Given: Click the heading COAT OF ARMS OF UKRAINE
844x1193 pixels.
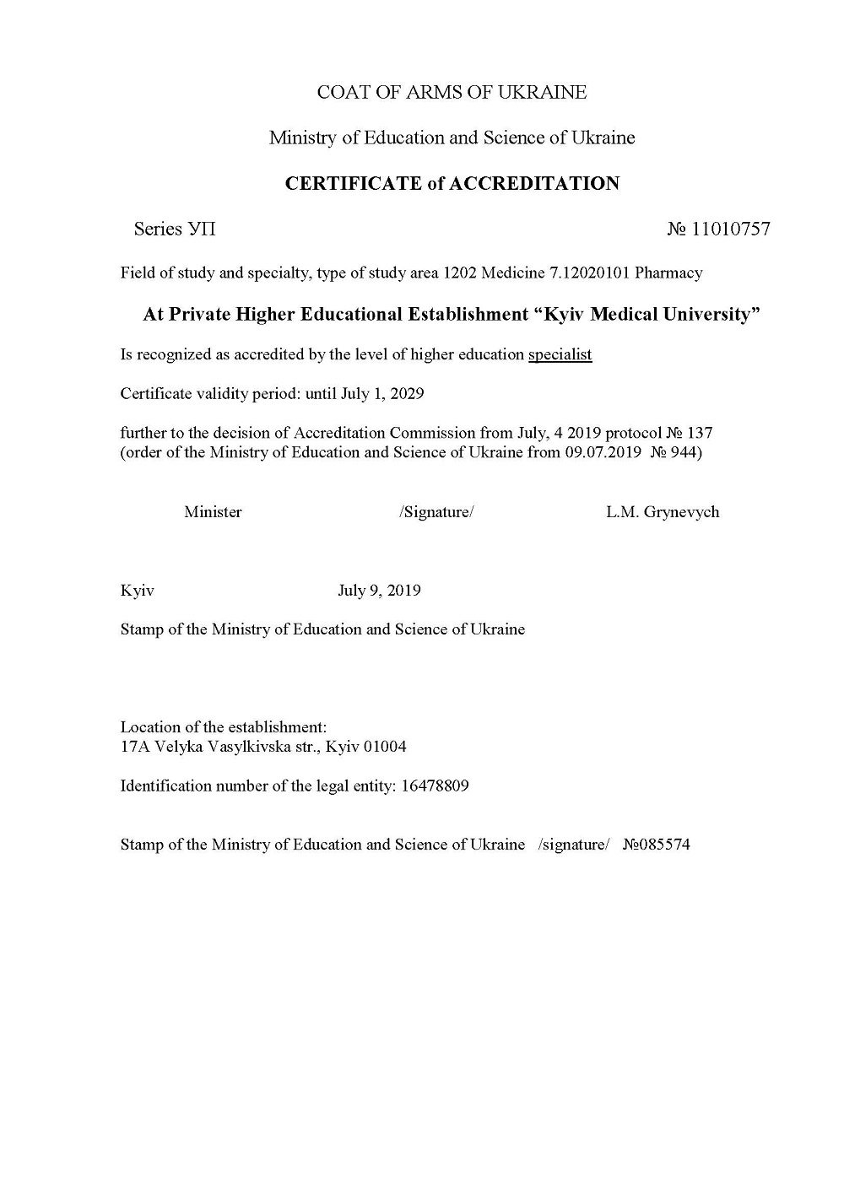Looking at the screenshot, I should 452,93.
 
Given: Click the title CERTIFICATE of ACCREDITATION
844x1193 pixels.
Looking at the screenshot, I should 452,183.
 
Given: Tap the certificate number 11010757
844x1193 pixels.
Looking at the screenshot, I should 731,229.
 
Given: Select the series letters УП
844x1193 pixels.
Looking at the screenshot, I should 202,229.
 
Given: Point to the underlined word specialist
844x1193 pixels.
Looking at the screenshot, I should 560,354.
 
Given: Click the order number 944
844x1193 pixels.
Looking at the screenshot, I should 682,452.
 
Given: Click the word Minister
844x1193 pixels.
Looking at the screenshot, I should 213,512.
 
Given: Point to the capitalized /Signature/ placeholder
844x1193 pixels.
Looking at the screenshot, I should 436,512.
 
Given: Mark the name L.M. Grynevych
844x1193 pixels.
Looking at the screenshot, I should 663,512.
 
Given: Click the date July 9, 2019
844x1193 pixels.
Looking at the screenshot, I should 379,591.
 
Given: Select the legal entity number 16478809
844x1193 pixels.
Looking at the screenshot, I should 436,786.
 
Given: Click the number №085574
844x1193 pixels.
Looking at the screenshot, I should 656,845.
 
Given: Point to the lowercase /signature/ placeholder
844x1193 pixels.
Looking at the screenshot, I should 573,845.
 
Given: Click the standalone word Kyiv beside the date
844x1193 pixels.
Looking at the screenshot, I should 137,591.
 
